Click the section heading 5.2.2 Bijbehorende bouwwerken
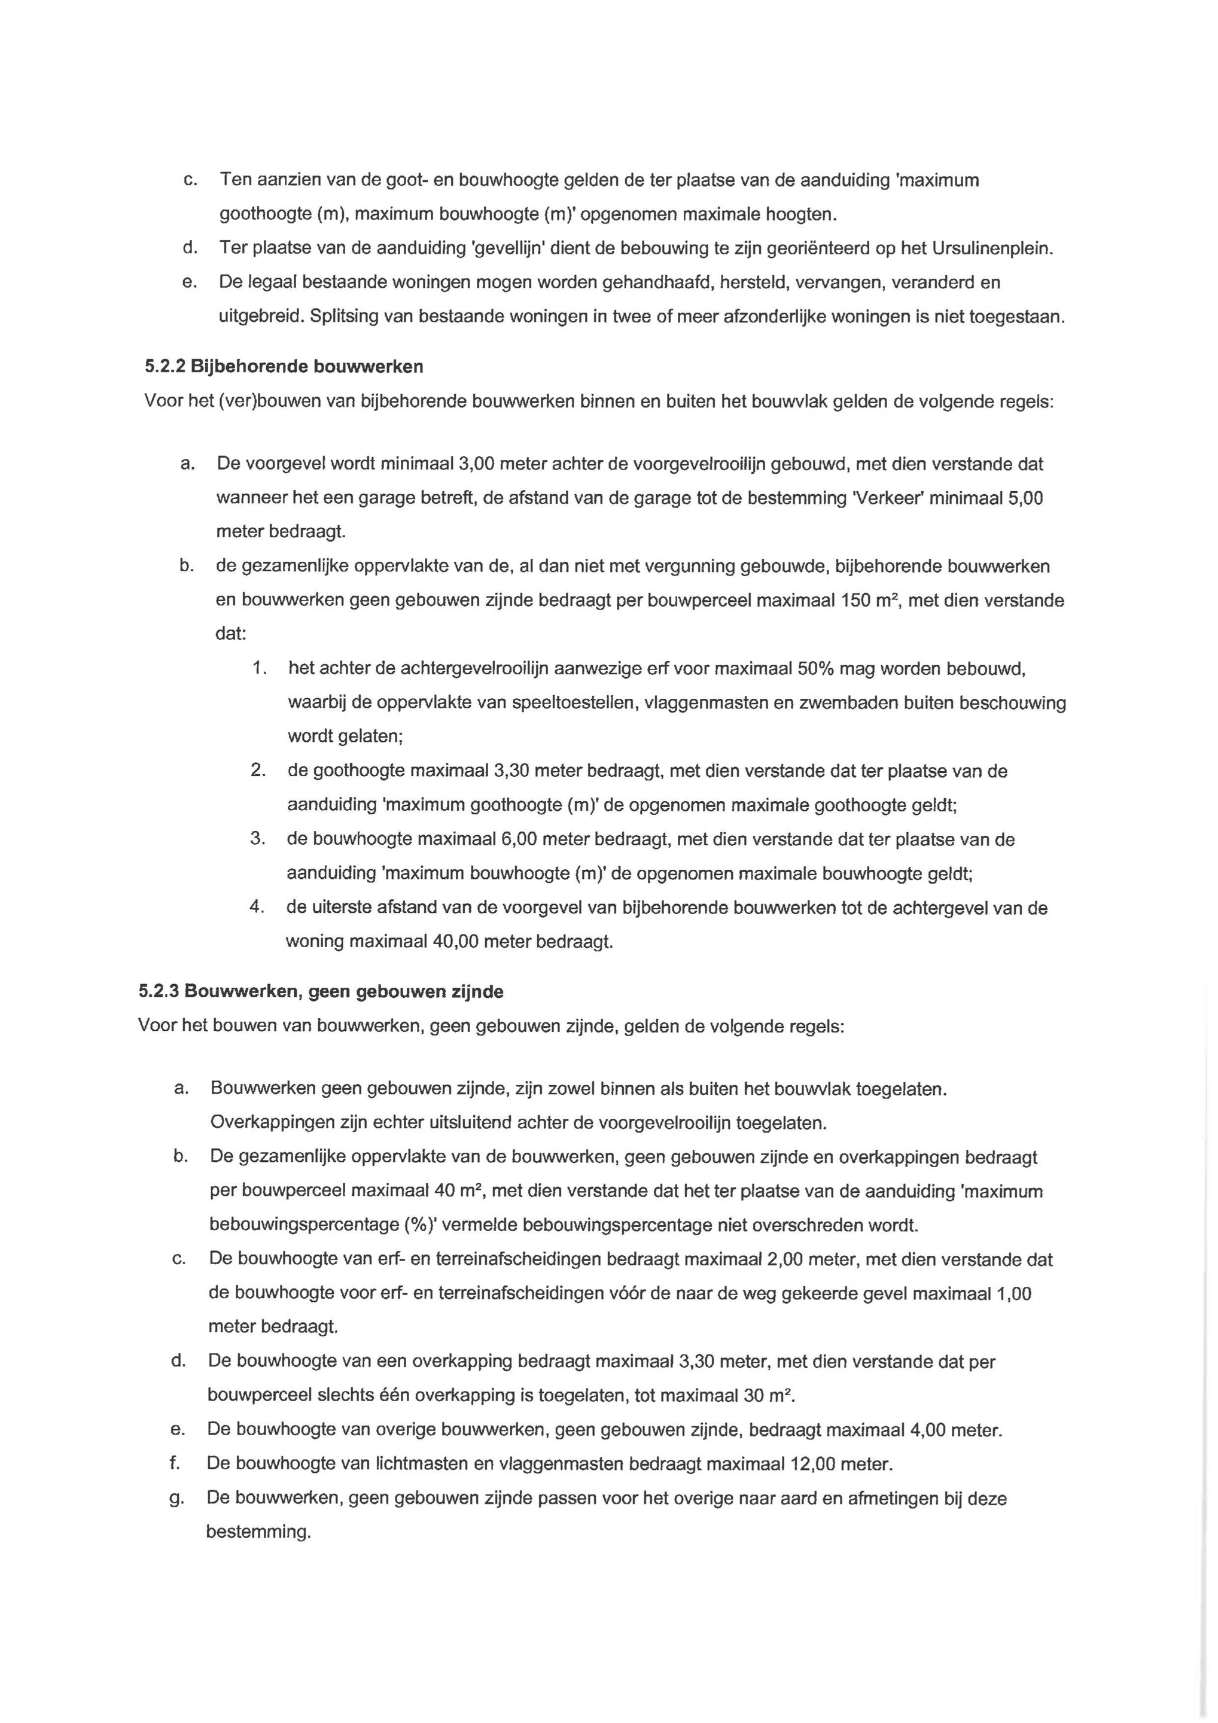pos(284,366)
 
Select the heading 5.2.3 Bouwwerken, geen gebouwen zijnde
pos(321,991)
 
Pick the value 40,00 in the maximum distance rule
pos(455,941)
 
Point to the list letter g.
pos(176,1498)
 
